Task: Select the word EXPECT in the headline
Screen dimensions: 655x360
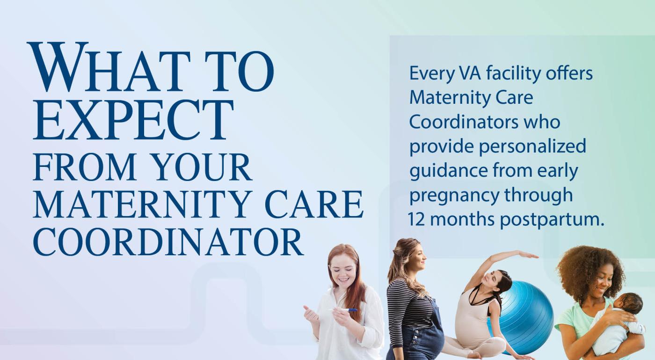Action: [x=133, y=120]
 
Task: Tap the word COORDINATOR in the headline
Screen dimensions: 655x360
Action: [x=168, y=242]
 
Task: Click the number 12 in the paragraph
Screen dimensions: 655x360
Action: [x=416, y=219]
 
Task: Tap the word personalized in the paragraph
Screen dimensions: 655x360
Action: [x=532, y=146]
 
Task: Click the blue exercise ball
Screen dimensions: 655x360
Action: [x=525, y=313]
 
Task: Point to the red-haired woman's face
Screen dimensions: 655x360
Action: [x=343, y=273]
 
